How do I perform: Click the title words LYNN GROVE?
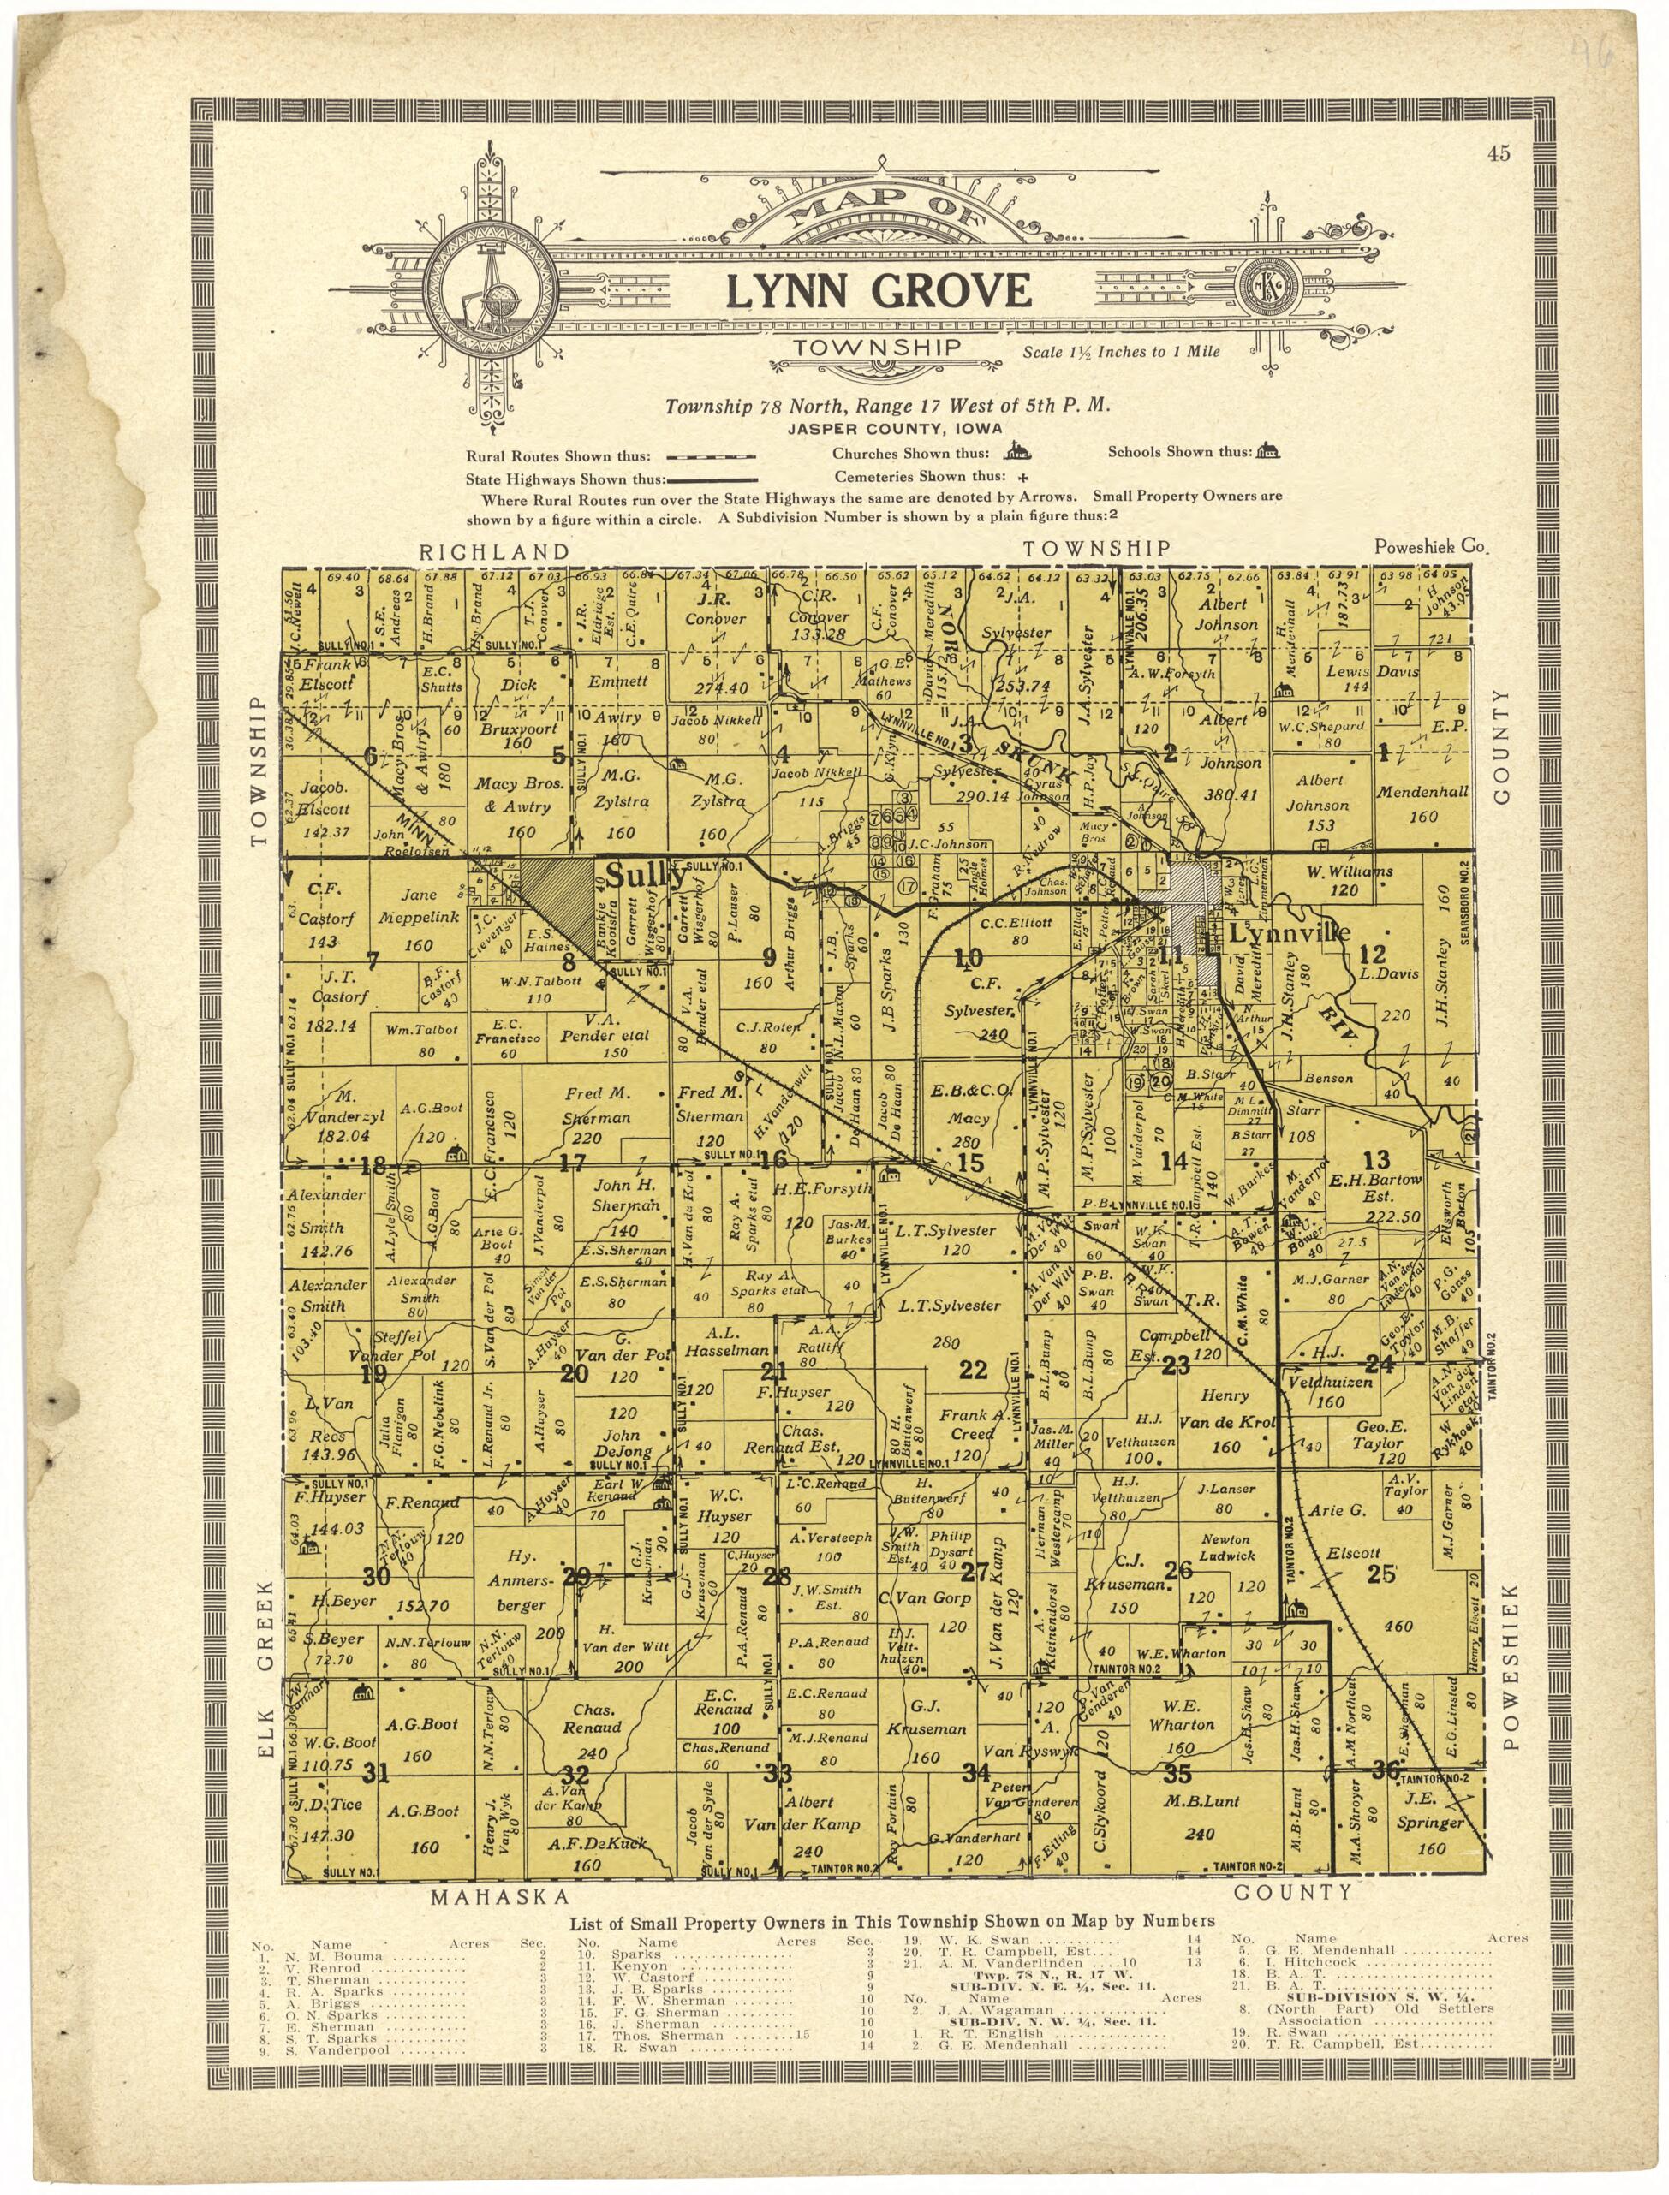pos(879,290)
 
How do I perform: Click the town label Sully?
pos(645,877)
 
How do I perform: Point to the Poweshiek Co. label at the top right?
pos(1432,547)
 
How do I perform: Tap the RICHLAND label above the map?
pos(494,551)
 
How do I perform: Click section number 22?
pos(973,1370)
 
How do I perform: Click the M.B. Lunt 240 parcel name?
pos(1200,1802)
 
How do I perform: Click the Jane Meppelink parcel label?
pos(418,906)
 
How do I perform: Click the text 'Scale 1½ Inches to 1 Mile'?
pos(1122,352)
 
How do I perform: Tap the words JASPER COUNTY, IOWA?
pos(894,429)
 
